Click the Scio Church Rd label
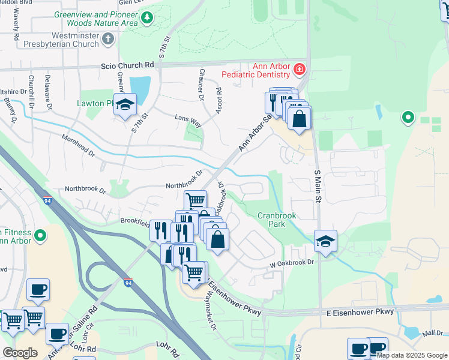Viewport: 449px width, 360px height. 127,65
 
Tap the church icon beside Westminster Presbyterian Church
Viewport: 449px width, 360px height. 107,40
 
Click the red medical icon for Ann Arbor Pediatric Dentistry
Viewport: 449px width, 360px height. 298,71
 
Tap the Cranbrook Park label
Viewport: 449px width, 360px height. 279,220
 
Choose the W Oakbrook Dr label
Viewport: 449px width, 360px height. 291,262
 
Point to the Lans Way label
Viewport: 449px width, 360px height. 187,120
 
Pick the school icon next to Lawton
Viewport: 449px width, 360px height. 125,106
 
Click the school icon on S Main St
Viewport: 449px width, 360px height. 325,241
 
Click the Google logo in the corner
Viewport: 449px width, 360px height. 20,353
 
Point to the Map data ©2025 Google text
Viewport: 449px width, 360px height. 412,355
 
